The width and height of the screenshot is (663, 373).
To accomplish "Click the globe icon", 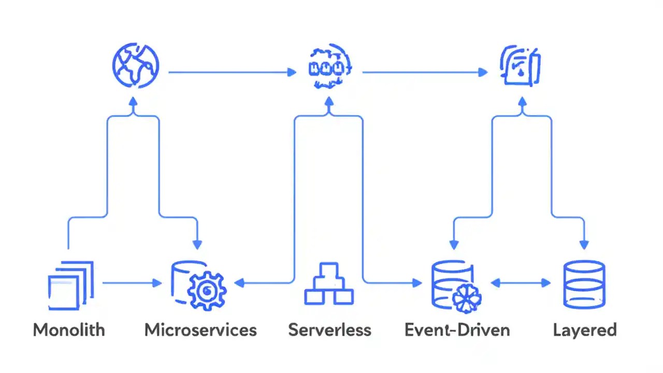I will point(135,67).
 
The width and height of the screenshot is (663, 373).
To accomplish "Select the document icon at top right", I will point(521,66).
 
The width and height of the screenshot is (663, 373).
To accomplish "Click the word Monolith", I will point(69,330).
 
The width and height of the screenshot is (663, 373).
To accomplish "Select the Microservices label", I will point(200,330).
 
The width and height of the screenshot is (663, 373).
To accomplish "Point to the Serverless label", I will point(329,330).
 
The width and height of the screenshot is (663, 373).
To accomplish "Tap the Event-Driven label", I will point(457,330).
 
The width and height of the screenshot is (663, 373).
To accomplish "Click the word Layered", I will point(584,330).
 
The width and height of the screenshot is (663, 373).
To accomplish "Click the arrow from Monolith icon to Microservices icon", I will point(132,283).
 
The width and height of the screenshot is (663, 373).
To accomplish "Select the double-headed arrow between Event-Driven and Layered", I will point(521,283).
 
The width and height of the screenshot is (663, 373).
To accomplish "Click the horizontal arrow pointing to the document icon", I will point(425,73).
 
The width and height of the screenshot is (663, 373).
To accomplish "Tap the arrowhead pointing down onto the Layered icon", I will point(584,245).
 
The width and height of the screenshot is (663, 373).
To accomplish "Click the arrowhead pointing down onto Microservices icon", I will point(197,245).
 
